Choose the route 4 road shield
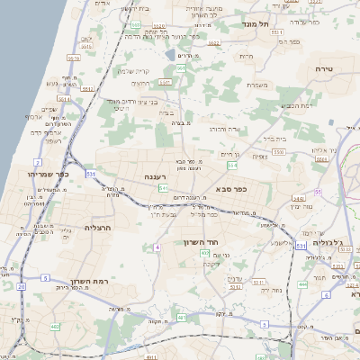pyautogui.click(x=157, y=247)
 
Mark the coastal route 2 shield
pyautogui.click(x=38, y=162)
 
